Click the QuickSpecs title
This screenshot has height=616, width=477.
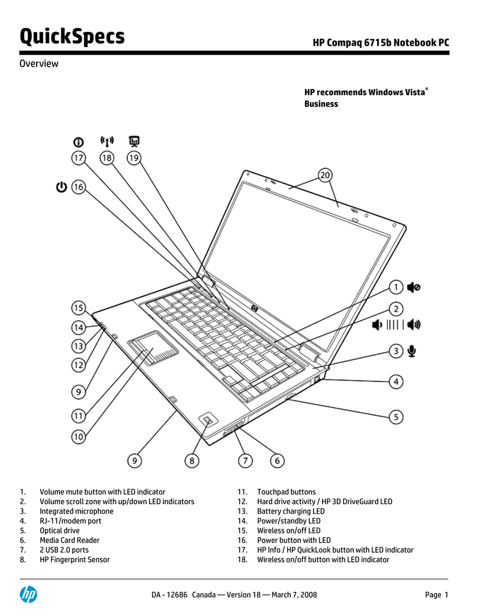(x=72, y=37)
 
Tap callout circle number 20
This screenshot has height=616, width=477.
(x=325, y=175)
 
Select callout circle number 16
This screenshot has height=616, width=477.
(x=79, y=186)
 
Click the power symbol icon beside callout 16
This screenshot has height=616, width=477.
(x=62, y=186)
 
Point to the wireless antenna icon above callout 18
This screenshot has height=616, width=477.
(x=107, y=141)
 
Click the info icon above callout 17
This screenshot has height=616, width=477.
(x=79, y=142)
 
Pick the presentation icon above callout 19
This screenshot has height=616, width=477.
(x=134, y=141)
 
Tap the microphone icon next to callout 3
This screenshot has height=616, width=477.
(x=412, y=351)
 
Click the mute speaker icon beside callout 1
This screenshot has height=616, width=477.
(x=413, y=287)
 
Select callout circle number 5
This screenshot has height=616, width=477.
(x=396, y=417)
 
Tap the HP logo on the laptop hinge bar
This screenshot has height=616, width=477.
(x=255, y=309)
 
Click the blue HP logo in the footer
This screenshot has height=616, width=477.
(x=29, y=594)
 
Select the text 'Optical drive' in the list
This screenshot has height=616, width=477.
(x=59, y=531)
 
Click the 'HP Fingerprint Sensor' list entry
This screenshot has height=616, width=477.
(x=74, y=559)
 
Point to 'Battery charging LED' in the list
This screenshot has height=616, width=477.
(x=291, y=511)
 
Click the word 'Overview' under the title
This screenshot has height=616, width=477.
(x=39, y=64)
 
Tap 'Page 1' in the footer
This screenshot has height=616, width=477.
(x=437, y=595)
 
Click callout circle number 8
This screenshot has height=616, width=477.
(x=192, y=460)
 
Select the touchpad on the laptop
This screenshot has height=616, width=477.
(x=153, y=348)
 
